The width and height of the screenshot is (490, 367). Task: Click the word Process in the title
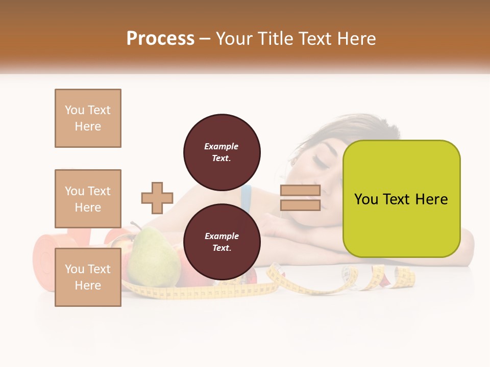(x=160, y=38)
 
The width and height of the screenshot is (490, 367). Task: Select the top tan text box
(x=88, y=118)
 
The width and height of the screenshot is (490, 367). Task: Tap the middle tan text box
(x=88, y=199)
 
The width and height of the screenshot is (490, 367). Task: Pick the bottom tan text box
(x=88, y=277)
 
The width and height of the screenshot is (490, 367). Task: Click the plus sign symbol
(x=157, y=198)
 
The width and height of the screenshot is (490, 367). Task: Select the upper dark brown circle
(x=222, y=152)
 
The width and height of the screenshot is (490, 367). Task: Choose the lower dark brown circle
(x=222, y=242)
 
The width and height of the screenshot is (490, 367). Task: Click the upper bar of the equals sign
(x=300, y=191)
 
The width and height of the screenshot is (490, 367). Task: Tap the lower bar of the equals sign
(x=300, y=205)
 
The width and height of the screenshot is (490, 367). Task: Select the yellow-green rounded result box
(x=401, y=199)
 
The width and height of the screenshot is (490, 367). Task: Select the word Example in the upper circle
(x=221, y=146)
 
